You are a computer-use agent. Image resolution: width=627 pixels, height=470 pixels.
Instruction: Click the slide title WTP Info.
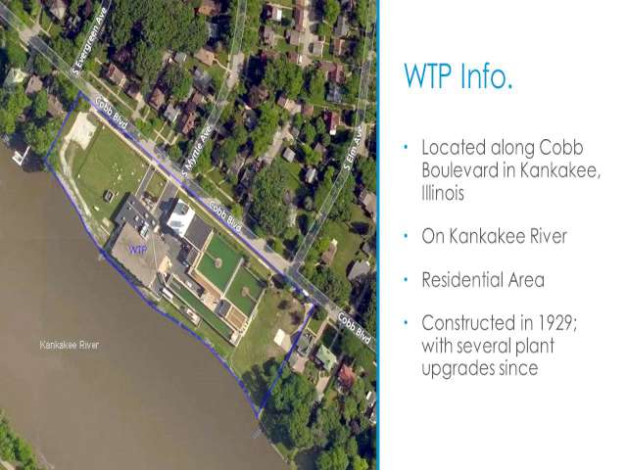pyautogui.click(x=458, y=75)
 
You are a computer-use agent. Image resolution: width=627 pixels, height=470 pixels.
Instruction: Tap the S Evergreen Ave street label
pyautogui.click(x=89, y=42)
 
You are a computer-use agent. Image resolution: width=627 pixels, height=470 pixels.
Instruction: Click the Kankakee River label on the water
pyautogui.click(x=70, y=345)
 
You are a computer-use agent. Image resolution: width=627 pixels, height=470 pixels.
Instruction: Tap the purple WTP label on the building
pyautogui.click(x=137, y=250)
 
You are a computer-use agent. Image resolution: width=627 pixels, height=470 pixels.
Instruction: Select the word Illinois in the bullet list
pyautogui.click(x=443, y=193)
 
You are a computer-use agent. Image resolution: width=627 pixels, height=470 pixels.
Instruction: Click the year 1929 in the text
pyautogui.click(x=556, y=323)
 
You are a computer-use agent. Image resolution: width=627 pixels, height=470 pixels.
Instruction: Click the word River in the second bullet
pyautogui.click(x=548, y=236)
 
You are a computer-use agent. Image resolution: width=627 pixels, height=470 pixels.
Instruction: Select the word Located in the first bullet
pyautogui.click(x=454, y=148)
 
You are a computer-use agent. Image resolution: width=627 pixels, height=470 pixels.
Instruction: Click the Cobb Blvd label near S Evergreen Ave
pyautogui.click(x=112, y=114)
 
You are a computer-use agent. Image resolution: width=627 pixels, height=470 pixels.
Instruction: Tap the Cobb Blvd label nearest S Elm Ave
pyautogui.click(x=355, y=329)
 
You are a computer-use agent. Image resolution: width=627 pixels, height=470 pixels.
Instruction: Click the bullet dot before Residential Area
pyautogui.click(x=406, y=279)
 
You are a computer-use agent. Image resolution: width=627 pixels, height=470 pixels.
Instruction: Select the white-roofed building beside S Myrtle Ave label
pyautogui.click(x=180, y=217)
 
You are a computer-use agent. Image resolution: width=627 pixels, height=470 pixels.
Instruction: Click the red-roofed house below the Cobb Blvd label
pyautogui.click(x=346, y=376)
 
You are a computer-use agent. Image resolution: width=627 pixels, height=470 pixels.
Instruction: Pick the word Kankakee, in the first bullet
pyautogui.click(x=560, y=170)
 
